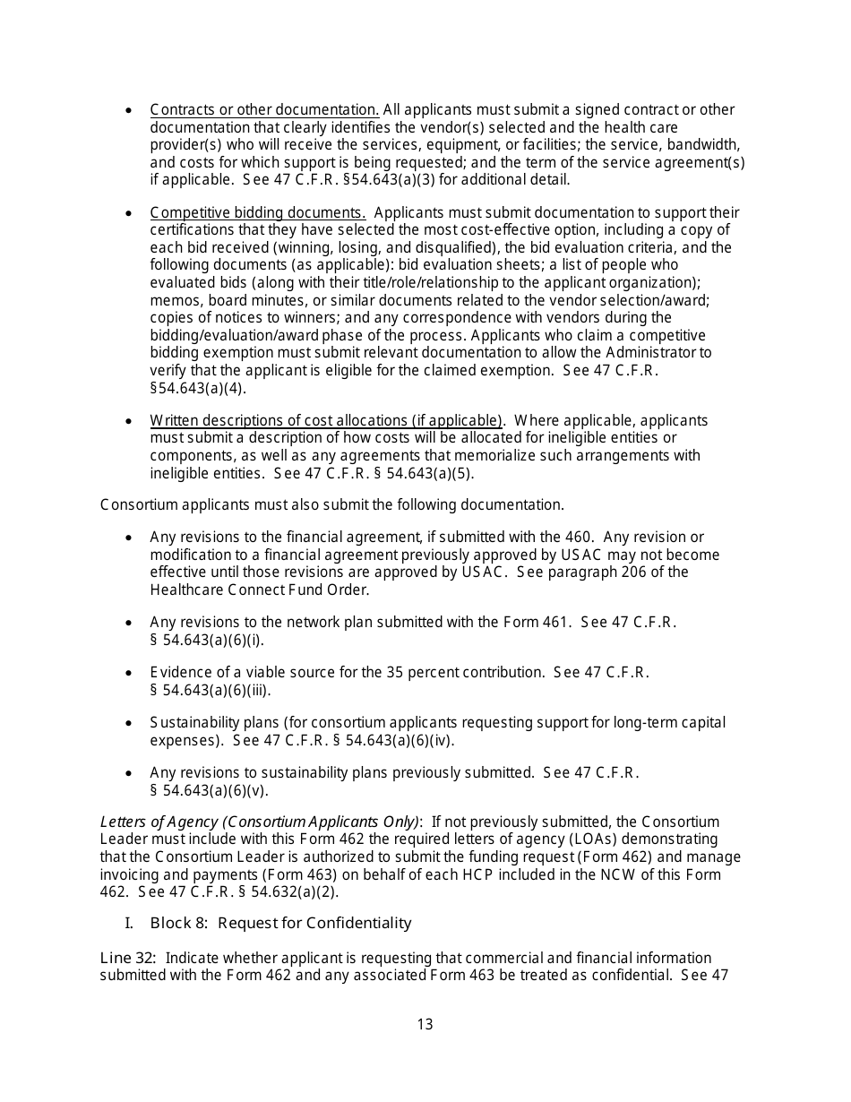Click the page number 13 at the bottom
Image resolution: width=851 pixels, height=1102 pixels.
(425, 1024)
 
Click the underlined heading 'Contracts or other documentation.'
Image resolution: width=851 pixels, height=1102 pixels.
(264, 110)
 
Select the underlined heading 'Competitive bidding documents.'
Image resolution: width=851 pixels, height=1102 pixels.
(258, 213)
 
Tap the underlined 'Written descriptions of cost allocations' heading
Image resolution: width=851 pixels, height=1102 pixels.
(326, 421)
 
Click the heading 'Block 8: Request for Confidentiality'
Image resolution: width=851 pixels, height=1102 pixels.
(280, 923)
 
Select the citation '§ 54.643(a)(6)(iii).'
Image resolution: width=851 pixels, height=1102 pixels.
(210, 690)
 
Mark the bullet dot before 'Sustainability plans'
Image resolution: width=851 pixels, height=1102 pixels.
(130, 723)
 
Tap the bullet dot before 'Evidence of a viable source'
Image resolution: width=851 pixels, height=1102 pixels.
(130, 673)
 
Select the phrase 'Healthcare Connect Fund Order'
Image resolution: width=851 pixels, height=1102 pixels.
(258, 590)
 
